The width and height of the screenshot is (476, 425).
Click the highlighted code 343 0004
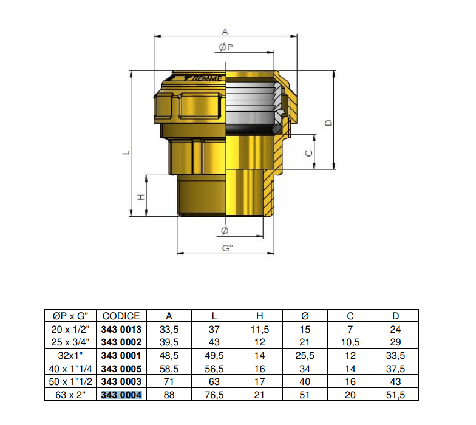pos(121,395)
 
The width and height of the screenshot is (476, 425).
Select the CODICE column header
pos(121,316)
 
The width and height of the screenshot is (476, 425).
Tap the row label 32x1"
pos(70,356)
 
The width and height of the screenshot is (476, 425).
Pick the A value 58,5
pos(169,369)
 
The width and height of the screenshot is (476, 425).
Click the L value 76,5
pos(214,395)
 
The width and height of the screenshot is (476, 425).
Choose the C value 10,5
pos(350,342)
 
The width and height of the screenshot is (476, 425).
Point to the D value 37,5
pos(396,369)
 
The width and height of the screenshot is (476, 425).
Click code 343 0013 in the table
pos(121,329)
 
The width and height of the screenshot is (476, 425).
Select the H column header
pos(260,316)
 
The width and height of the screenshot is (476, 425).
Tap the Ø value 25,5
pos(305,356)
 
